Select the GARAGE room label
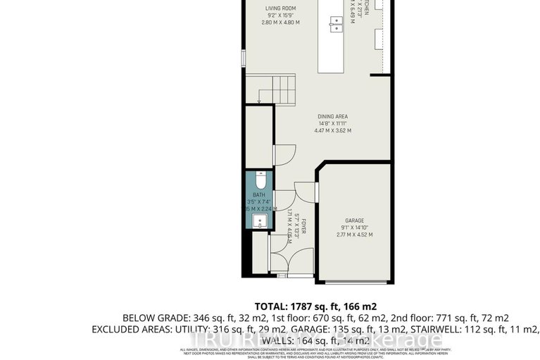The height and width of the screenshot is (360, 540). pos(354,220)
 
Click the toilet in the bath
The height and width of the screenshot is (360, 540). pos(260,178)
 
